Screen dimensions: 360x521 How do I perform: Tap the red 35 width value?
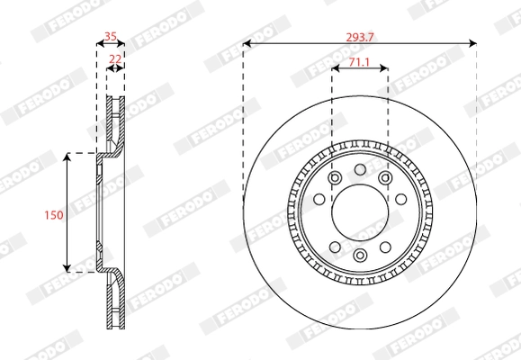pos(111,36)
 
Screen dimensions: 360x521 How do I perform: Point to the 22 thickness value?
pos(115,58)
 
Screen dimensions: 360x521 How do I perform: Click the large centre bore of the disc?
pos(359,212)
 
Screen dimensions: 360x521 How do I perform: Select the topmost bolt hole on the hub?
pos(359,169)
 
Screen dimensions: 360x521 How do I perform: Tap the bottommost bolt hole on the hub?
pos(359,256)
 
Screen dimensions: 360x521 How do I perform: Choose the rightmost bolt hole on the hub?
pos(402,200)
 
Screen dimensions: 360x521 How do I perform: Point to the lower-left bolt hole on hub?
pos(334,246)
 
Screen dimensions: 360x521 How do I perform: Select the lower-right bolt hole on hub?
pos(385,246)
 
